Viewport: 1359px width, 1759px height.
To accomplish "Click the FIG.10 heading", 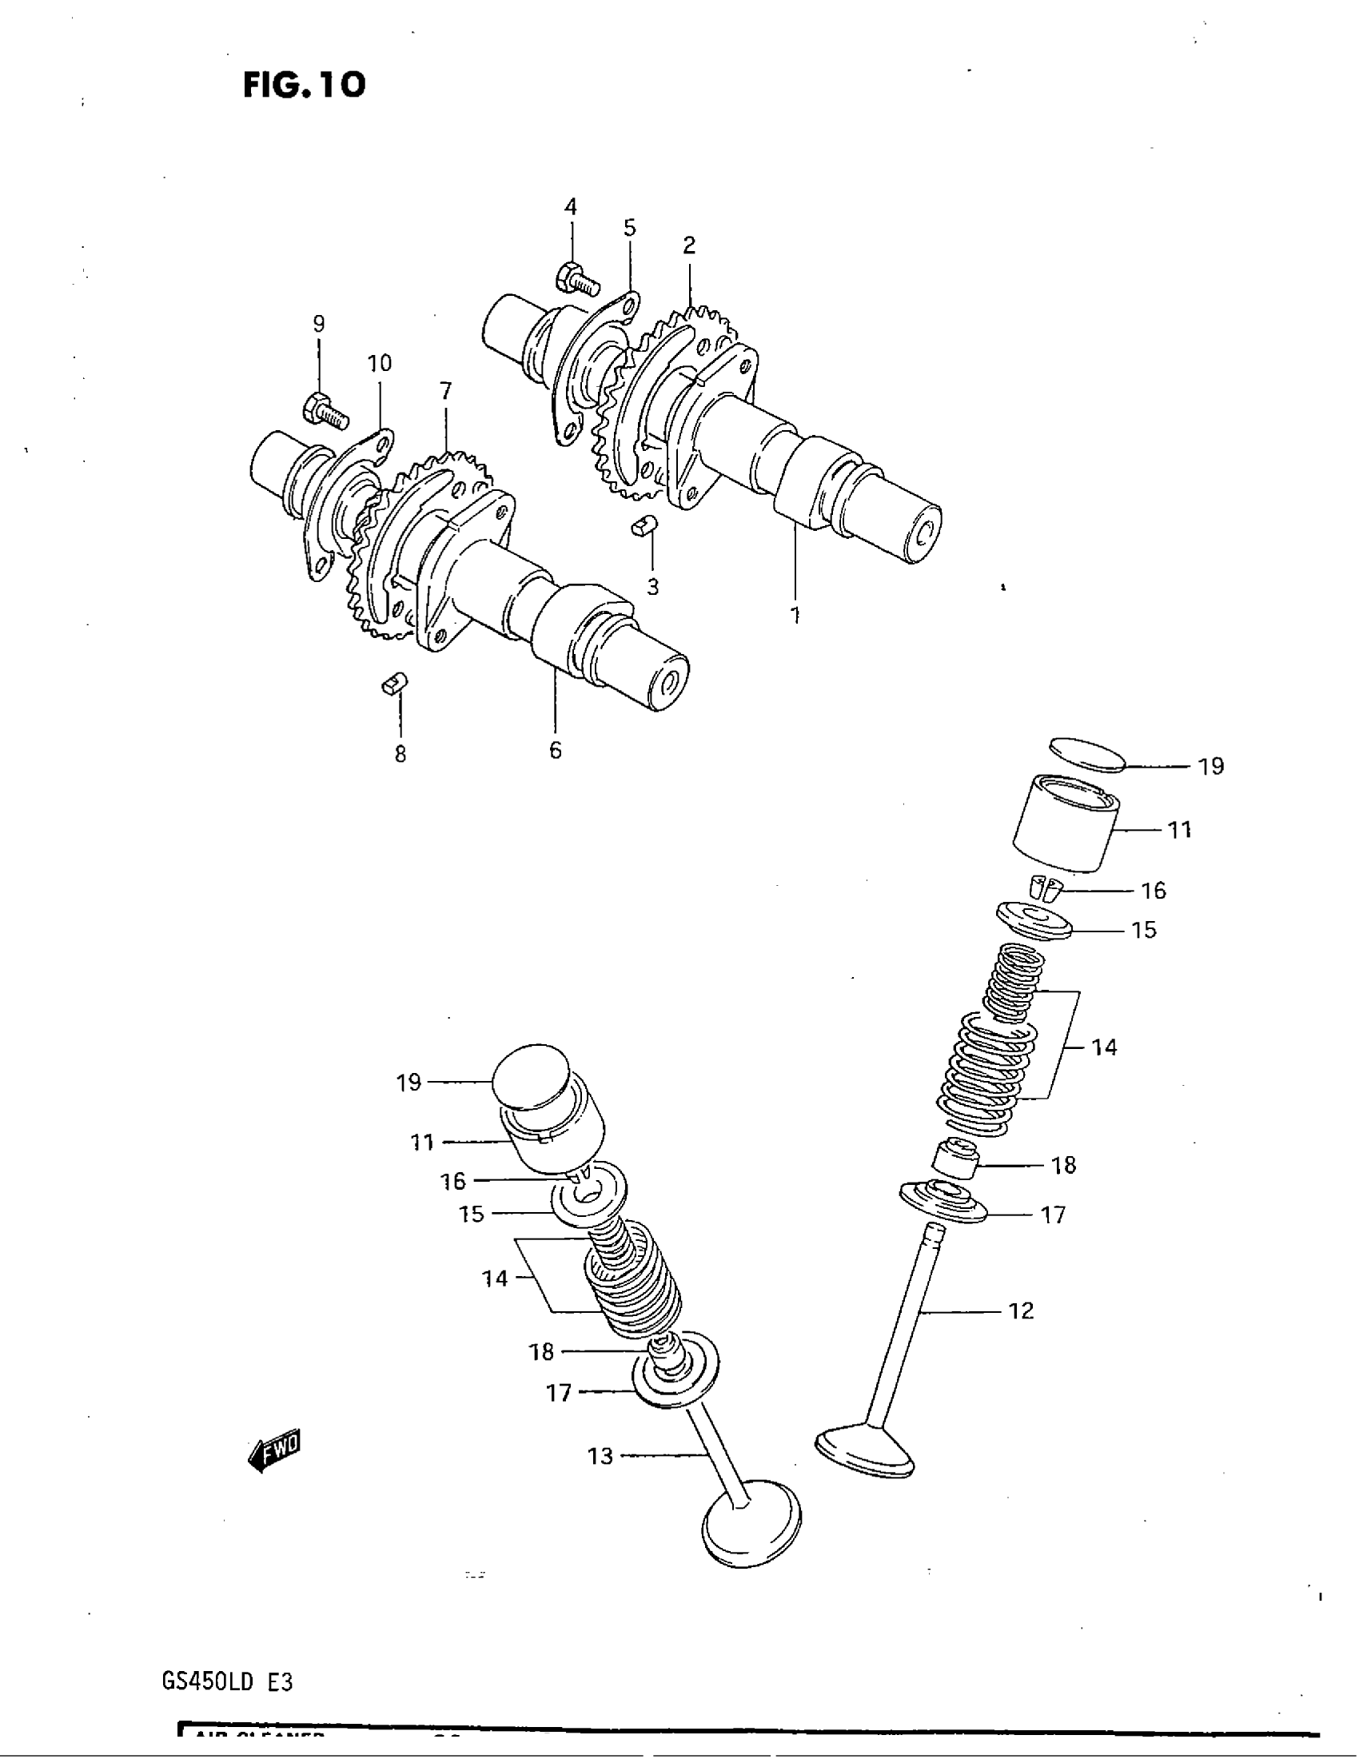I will click(304, 85).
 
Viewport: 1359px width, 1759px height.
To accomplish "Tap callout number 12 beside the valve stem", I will click(1020, 1311).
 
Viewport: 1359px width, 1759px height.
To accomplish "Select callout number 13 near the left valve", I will click(600, 1456).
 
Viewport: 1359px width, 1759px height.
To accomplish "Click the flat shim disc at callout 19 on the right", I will click(1087, 756).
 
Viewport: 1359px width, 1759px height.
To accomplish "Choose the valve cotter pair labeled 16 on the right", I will click(1046, 887).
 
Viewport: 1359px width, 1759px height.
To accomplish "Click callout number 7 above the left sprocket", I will click(445, 392).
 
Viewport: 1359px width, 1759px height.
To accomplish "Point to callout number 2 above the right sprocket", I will click(689, 245).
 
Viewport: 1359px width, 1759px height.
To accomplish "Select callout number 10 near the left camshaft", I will click(379, 363).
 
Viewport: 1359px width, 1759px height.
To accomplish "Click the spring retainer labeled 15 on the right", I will click(1034, 920).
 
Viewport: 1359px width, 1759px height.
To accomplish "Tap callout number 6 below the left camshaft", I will click(556, 751).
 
